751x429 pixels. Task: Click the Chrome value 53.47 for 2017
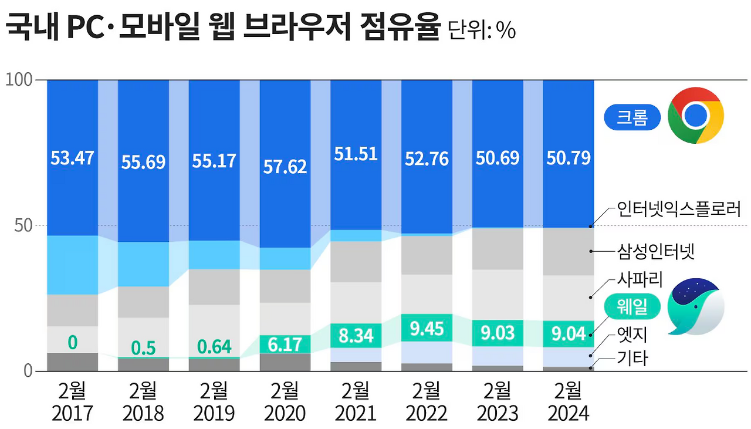click(72, 158)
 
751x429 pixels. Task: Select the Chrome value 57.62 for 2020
click(285, 166)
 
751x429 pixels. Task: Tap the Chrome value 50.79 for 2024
click(568, 158)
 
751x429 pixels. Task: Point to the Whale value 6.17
click(285, 344)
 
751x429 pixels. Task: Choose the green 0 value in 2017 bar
click(72, 342)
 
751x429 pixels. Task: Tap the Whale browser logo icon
click(696, 305)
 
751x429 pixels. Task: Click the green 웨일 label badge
click(632, 306)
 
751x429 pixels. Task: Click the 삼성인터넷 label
click(655, 252)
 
